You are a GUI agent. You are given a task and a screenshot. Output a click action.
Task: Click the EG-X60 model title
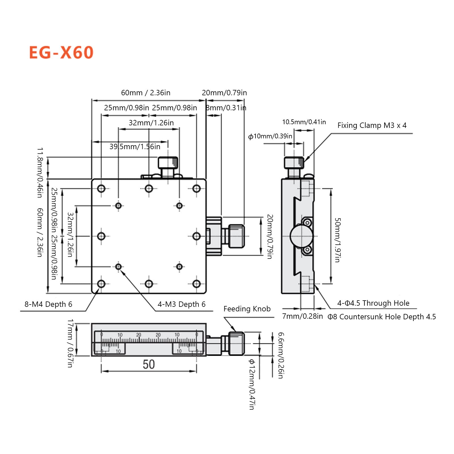(x=61, y=52)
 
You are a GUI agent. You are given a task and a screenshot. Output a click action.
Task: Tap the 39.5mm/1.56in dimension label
(x=135, y=147)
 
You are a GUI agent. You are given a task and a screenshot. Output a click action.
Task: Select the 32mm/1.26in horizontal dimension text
(x=151, y=123)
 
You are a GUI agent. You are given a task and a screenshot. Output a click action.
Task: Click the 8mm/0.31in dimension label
(x=226, y=108)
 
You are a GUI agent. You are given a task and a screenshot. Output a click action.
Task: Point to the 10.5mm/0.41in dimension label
(x=304, y=122)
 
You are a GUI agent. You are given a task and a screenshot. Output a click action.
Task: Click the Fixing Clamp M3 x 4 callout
(x=372, y=125)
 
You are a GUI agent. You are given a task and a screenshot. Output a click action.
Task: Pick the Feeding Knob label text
(x=247, y=309)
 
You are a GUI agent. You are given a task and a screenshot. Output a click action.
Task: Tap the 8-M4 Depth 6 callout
(x=48, y=304)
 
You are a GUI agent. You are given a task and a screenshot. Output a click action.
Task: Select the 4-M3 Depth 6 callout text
(x=181, y=304)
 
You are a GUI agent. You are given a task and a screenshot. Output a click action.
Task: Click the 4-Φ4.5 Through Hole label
(x=373, y=303)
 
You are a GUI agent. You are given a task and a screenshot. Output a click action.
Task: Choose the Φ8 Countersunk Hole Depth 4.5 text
(x=382, y=317)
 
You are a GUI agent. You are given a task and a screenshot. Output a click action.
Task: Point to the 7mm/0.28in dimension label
(x=302, y=316)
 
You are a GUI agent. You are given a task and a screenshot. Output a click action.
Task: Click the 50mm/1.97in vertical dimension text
(x=337, y=240)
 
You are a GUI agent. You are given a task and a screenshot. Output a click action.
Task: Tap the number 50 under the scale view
(x=149, y=364)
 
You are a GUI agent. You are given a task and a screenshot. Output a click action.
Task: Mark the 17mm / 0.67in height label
(x=70, y=343)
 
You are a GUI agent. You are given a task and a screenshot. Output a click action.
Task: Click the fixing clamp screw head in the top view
(x=168, y=163)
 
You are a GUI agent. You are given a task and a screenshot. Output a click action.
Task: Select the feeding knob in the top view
(x=236, y=236)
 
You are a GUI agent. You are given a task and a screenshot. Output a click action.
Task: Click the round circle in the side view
(x=301, y=236)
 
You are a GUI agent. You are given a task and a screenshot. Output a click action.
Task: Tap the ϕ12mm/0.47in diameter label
(x=252, y=384)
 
